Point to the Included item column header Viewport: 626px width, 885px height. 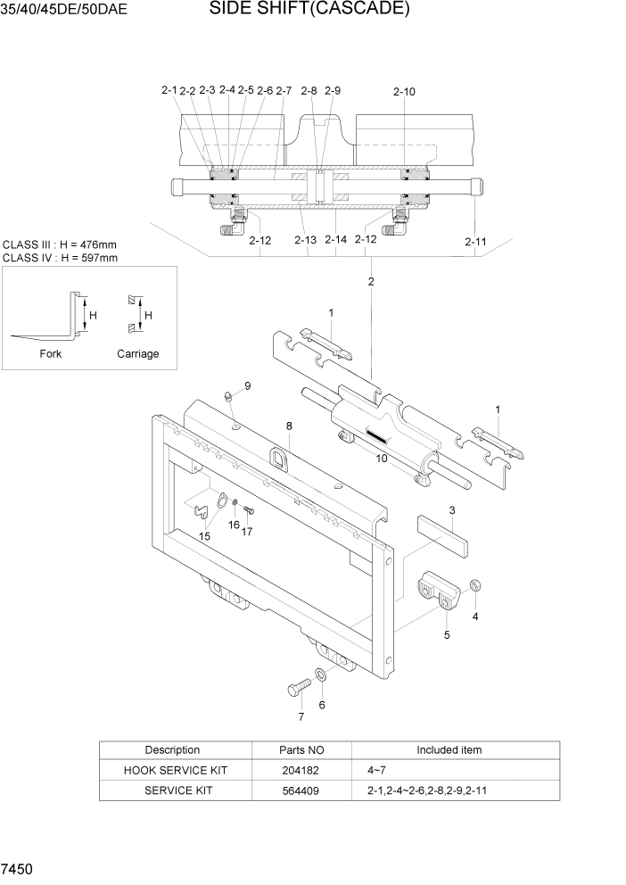tap(449, 750)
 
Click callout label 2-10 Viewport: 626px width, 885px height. tap(404, 91)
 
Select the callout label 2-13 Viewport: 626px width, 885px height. tap(305, 240)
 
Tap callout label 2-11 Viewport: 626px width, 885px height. tap(475, 241)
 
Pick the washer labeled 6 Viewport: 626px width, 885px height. tap(320, 675)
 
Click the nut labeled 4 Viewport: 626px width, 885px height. tap(475, 586)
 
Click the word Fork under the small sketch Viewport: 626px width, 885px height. tap(51, 353)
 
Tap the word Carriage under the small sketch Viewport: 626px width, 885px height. tap(138, 353)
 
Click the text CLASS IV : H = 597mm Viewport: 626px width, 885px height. tap(61, 258)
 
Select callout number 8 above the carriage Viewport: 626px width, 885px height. tap(289, 426)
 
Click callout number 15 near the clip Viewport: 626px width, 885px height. tap(204, 536)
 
